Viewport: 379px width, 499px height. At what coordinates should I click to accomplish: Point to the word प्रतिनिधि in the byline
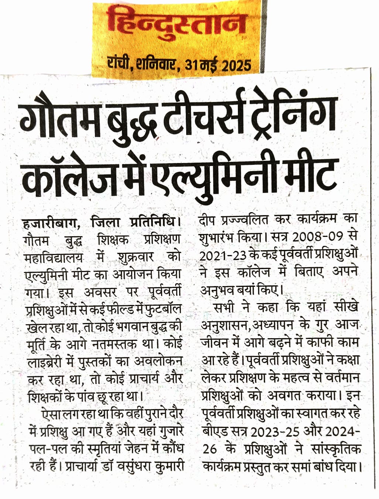click(x=154, y=223)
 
